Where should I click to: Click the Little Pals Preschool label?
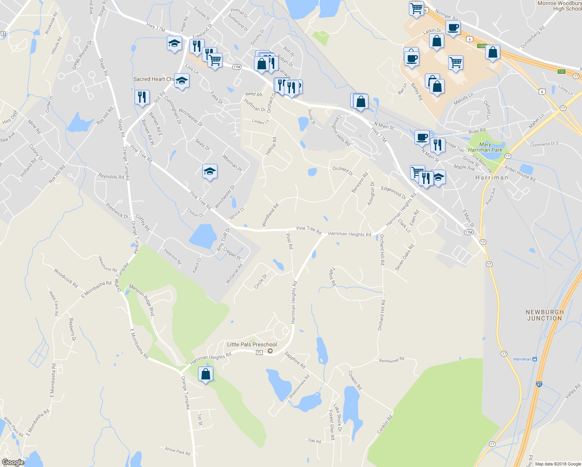click(x=252, y=344)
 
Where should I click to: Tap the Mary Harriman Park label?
click(x=485, y=147)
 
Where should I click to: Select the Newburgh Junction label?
click(x=544, y=315)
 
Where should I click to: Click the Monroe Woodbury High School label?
click(x=559, y=6)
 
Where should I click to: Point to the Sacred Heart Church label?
click(x=154, y=79)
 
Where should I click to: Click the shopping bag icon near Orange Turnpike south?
click(x=205, y=374)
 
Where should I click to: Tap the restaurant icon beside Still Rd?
click(x=142, y=97)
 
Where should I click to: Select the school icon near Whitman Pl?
click(x=210, y=171)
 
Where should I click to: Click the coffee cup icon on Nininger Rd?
click(x=453, y=28)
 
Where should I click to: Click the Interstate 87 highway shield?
click(x=539, y=384)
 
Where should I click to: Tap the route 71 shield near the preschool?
click(x=259, y=353)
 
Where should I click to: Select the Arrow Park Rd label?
click(x=177, y=451)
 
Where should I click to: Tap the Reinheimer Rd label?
click(x=391, y=360)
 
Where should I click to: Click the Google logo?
click(x=13, y=462)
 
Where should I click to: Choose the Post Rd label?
click(x=289, y=241)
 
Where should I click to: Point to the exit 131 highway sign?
click(x=561, y=72)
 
